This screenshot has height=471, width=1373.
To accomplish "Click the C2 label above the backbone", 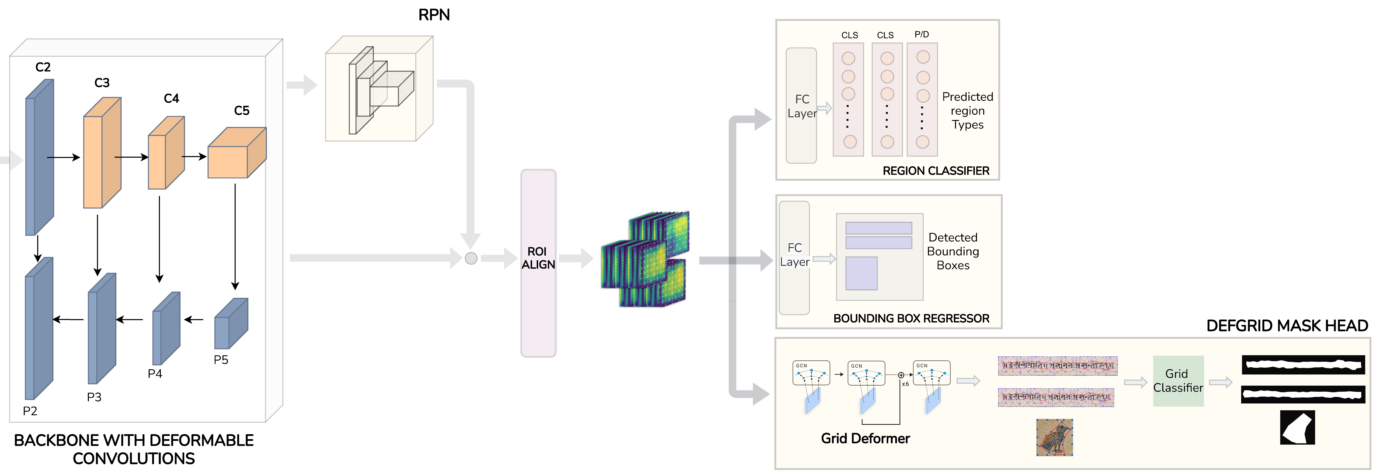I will (x=43, y=67).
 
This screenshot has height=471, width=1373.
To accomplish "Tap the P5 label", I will (x=221, y=360).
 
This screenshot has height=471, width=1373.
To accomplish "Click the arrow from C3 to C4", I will (x=131, y=157).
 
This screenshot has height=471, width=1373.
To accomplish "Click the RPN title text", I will (x=434, y=15).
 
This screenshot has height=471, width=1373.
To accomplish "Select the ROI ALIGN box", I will (x=538, y=263).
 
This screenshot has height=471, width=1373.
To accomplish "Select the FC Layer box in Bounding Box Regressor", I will (x=794, y=258).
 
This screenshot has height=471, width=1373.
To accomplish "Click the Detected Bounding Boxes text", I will (x=953, y=251).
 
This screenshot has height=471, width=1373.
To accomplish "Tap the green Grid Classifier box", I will (x=1178, y=381).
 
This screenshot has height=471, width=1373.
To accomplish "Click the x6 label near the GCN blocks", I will (x=905, y=384).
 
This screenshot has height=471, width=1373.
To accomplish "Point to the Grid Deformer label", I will (x=865, y=438).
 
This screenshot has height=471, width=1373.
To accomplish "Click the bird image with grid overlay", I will (x=1054, y=437).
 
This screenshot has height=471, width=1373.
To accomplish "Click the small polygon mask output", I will (x=1297, y=427).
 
